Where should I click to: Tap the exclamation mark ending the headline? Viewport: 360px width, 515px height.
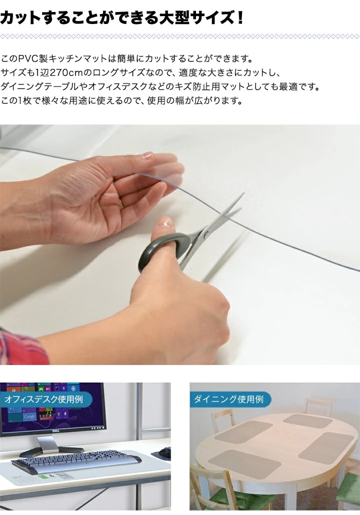(239, 17)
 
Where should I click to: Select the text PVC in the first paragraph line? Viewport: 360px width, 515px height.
(28, 59)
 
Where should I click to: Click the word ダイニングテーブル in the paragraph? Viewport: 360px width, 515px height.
(40, 86)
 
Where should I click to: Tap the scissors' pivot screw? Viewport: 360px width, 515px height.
(206, 234)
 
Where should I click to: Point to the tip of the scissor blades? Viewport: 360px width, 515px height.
(243, 194)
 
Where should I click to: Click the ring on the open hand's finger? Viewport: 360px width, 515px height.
(122, 203)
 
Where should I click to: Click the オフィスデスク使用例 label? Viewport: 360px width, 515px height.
(43, 399)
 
